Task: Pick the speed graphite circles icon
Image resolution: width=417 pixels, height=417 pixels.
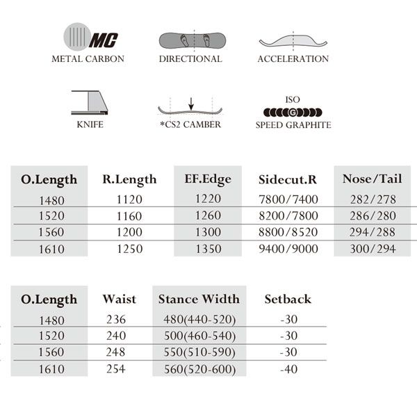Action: tap(293, 113)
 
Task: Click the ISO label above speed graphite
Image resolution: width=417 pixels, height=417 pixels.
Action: tap(293, 100)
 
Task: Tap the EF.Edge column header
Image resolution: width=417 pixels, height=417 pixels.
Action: tap(207, 179)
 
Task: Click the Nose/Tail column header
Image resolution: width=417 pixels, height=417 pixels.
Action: tap(370, 179)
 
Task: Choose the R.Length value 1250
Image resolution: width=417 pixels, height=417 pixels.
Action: tap(129, 249)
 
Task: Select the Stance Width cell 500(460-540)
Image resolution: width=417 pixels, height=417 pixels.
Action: tap(199, 336)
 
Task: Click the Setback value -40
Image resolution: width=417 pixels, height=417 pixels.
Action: tap(288, 369)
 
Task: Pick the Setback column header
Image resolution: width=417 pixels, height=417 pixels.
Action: tap(288, 300)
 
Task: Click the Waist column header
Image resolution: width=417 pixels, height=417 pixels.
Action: tap(119, 300)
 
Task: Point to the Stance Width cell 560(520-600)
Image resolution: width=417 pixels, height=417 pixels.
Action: tap(199, 369)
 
